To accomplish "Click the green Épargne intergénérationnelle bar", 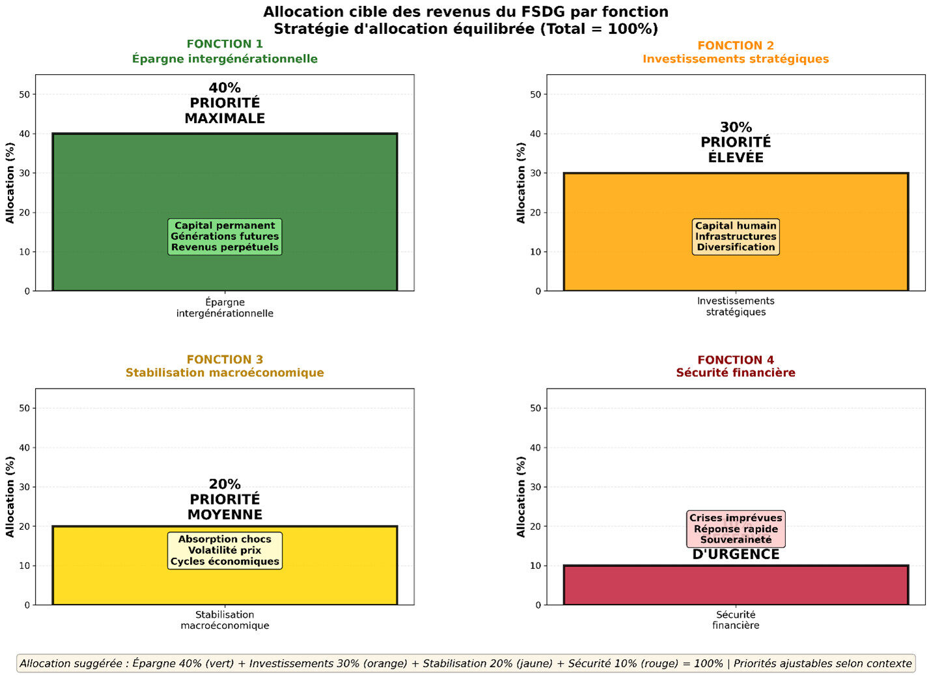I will [225, 176].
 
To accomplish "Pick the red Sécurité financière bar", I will [736, 585].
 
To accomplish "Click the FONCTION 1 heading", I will [225, 44].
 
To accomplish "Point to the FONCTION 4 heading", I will [736, 360].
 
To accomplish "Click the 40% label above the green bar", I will [225, 88].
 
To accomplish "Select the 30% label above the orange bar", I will [736, 128].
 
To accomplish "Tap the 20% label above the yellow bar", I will [225, 484].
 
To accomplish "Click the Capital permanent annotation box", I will [225, 236].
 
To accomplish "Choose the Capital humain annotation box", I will [736, 236].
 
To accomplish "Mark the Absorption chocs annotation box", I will [225, 551].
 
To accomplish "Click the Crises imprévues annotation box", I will [736, 529].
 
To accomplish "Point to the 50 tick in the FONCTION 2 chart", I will [536, 94].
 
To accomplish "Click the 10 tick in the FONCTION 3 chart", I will [25, 566].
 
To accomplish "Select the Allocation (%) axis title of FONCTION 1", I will [10, 183].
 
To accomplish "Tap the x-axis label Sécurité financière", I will [736, 620].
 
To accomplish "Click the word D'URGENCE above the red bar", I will [736, 555].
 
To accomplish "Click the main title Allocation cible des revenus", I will [465, 12].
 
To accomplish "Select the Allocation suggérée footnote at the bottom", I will [465, 663].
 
